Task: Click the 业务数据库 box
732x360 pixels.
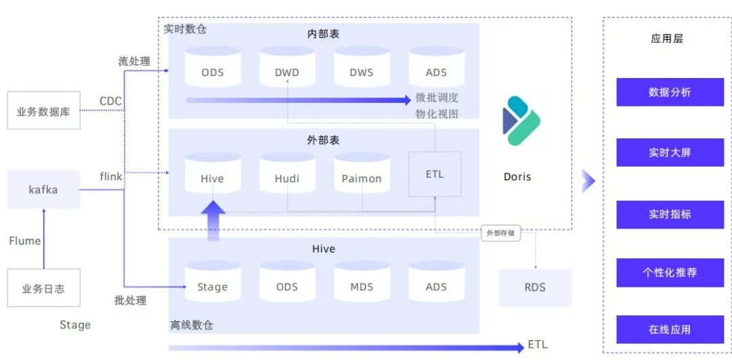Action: point(43,111)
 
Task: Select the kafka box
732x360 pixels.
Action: point(43,189)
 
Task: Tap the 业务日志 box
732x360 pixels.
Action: point(43,288)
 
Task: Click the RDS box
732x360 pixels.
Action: point(535,287)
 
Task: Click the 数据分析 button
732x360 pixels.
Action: point(670,92)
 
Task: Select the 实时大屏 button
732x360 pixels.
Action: point(670,153)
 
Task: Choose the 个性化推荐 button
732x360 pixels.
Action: point(670,273)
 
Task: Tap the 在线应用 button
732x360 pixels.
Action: point(670,329)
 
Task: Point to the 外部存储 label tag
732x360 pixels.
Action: point(501,233)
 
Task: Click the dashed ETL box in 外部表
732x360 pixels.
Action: point(434,174)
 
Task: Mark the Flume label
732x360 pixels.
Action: point(25,241)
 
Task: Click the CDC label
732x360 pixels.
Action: point(110,102)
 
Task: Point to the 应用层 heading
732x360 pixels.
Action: point(666,39)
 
